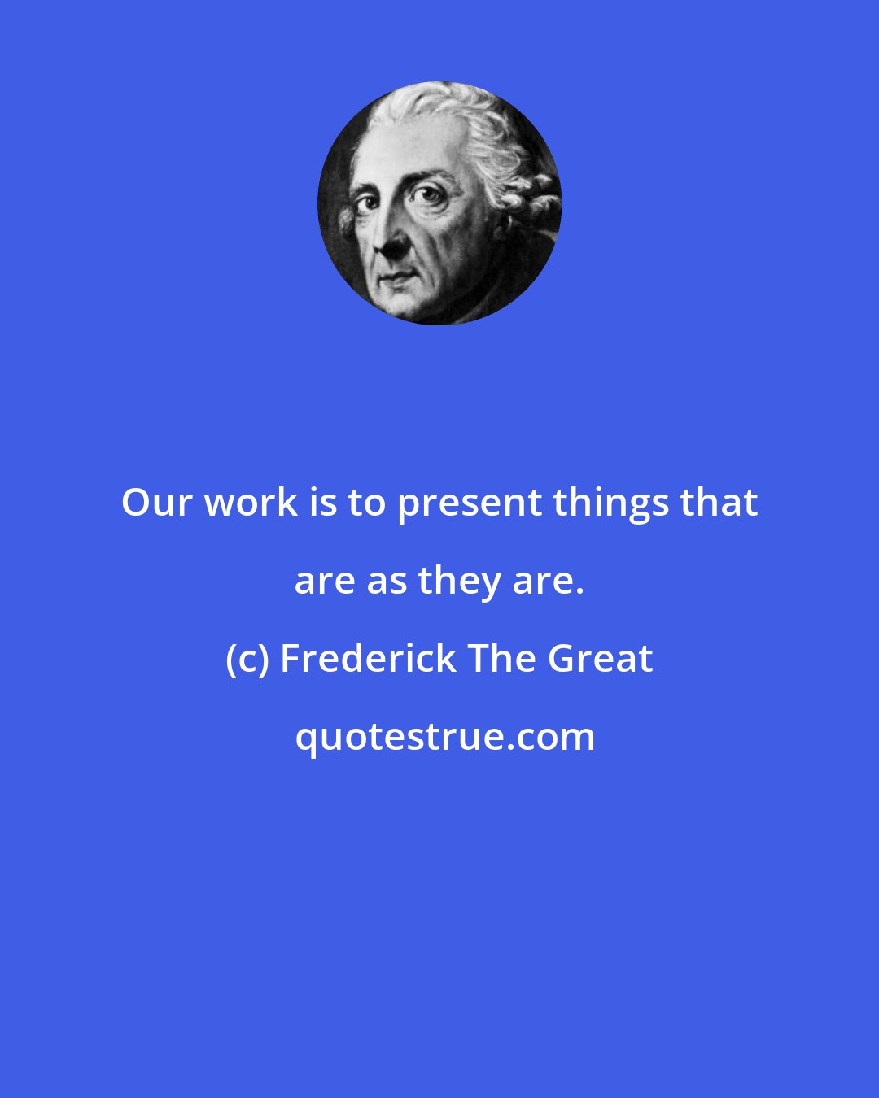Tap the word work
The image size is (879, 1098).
coord(251,503)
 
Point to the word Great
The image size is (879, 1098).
coord(600,659)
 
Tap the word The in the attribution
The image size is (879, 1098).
coord(501,659)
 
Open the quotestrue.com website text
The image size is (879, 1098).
coord(444,737)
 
